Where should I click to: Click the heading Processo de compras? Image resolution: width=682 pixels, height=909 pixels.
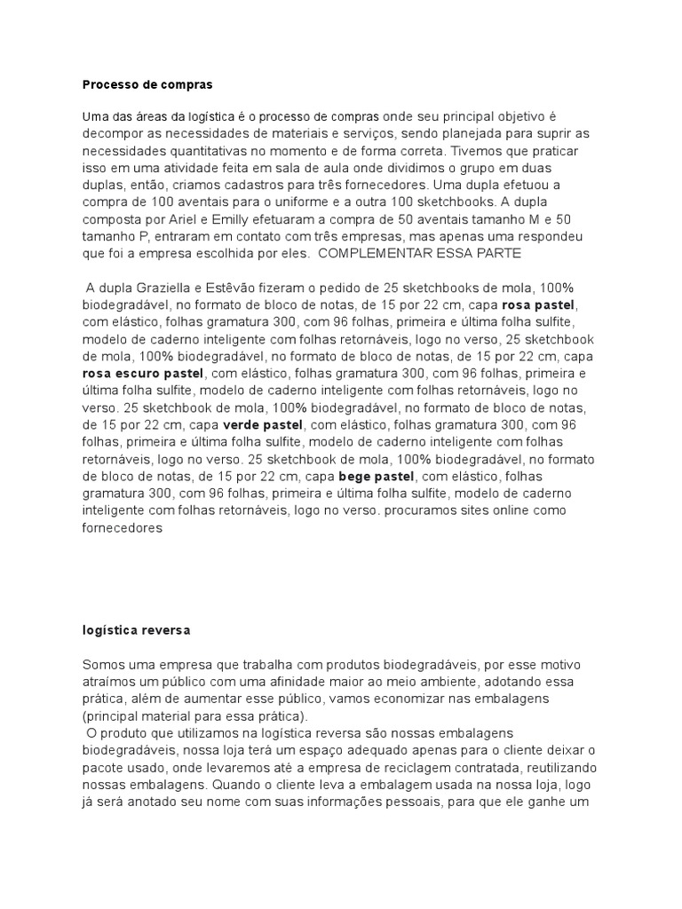click(x=147, y=85)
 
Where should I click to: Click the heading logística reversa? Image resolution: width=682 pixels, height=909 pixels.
click(x=136, y=629)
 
